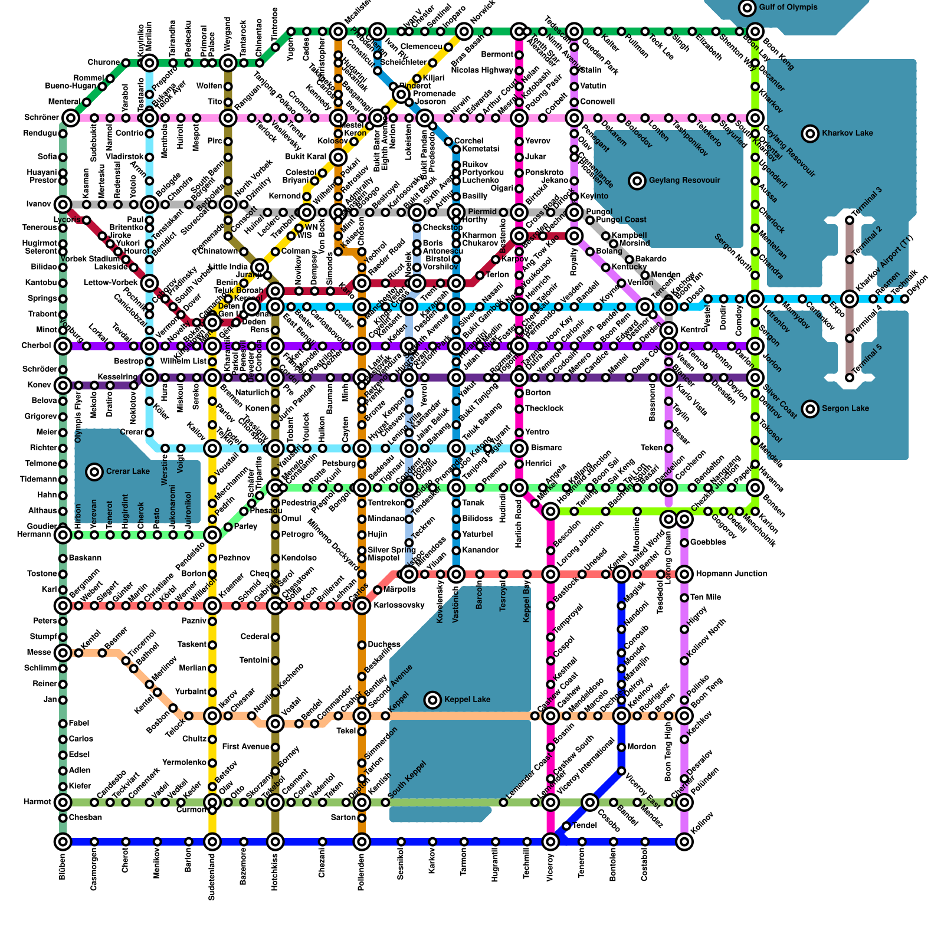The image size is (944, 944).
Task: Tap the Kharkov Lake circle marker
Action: (811, 133)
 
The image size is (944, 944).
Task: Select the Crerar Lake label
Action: (128, 471)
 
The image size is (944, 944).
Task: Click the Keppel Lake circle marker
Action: (433, 700)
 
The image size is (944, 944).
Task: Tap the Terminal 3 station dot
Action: (850, 220)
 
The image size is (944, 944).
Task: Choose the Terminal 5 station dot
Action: (850, 378)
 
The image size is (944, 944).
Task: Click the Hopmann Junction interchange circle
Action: (684, 573)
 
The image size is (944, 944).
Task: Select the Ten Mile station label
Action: (706, 598)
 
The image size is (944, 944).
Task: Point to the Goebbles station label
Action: (707, 542)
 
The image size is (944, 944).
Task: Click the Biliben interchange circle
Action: (63, 841)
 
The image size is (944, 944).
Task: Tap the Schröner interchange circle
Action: (71, 118)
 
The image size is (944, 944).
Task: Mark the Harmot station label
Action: (38, 802)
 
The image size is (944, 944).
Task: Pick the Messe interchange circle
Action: (63, 653)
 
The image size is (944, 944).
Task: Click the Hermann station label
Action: (35, 535)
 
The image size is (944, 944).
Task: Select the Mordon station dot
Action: (621, 747)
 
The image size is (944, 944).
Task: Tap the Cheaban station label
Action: (86, 818)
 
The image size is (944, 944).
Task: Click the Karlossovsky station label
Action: (399, 605)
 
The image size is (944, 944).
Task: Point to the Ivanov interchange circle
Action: (63, 205)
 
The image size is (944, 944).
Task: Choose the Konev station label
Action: (40, 385)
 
